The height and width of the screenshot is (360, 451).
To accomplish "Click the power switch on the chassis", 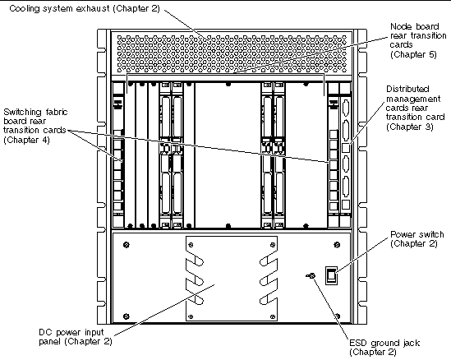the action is [331, 275].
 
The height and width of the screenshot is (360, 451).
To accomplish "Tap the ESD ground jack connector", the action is [311, 275].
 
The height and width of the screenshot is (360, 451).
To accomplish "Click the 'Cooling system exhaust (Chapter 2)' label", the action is [85, 8].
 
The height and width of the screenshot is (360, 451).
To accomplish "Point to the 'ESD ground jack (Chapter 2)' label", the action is [384, 348].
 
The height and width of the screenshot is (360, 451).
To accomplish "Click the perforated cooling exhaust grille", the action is [232, 53].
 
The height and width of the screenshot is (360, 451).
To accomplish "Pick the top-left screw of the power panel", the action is [127, 245].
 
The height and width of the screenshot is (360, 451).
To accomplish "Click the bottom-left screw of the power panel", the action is [126, 316].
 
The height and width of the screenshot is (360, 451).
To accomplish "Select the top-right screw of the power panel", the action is [337, 245].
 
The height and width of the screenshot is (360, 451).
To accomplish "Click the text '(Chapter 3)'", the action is [410, 127].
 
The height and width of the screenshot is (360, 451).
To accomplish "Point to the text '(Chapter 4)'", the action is [26, 140].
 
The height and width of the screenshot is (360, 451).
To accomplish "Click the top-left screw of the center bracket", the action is [191, 245].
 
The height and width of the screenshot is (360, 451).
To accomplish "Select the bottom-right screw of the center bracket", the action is [273, 316].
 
